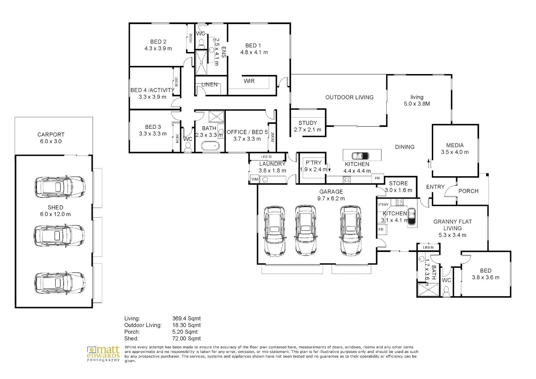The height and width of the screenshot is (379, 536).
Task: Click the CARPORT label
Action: click(51, 134)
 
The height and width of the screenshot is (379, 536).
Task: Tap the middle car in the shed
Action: click(59, 236)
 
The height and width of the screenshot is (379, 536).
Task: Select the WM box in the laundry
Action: click(255, 179)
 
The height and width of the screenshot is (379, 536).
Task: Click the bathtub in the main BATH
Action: click(210, 146)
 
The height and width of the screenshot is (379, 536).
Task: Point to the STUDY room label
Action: click(308, 123)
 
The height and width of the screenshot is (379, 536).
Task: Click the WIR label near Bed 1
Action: click(249, 81)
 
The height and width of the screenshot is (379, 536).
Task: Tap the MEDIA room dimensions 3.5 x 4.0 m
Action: click(455, 152)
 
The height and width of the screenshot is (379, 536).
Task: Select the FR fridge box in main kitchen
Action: click(377, 178)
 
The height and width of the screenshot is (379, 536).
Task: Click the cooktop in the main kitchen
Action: click(347, 180)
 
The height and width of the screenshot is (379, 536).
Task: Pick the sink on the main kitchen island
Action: click(360, 156)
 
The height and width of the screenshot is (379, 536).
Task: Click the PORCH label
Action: click(469, 191)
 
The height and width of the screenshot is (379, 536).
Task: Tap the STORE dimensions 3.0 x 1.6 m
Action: click(398, 190)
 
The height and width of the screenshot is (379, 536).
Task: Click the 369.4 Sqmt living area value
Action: click(186, 319)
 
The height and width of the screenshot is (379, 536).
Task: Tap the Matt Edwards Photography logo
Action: click(103, 353)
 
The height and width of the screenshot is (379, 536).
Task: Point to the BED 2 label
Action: click(158, 42)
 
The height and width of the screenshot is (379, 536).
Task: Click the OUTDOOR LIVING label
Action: click(349, 97)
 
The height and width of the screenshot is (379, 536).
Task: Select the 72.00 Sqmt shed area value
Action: click(186, 339)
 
